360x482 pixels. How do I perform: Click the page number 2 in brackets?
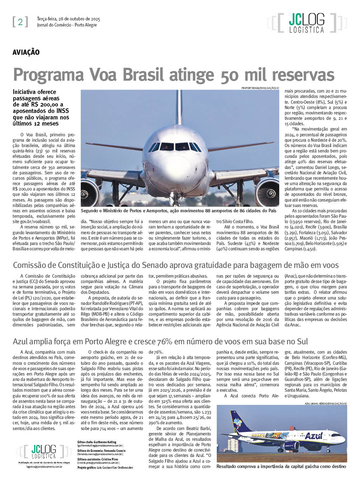click(20, 22)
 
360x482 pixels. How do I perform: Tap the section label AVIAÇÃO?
click(26, 52)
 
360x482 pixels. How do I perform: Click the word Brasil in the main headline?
click(143, 75)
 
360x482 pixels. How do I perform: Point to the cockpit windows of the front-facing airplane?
click(175, 147)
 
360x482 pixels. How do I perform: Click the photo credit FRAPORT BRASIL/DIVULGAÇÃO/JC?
click(260, 88)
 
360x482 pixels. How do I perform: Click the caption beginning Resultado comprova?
click(281, 467)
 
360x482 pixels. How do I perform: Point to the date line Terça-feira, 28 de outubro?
click(69, 19)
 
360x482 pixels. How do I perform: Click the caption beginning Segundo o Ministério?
click(178, 211)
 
